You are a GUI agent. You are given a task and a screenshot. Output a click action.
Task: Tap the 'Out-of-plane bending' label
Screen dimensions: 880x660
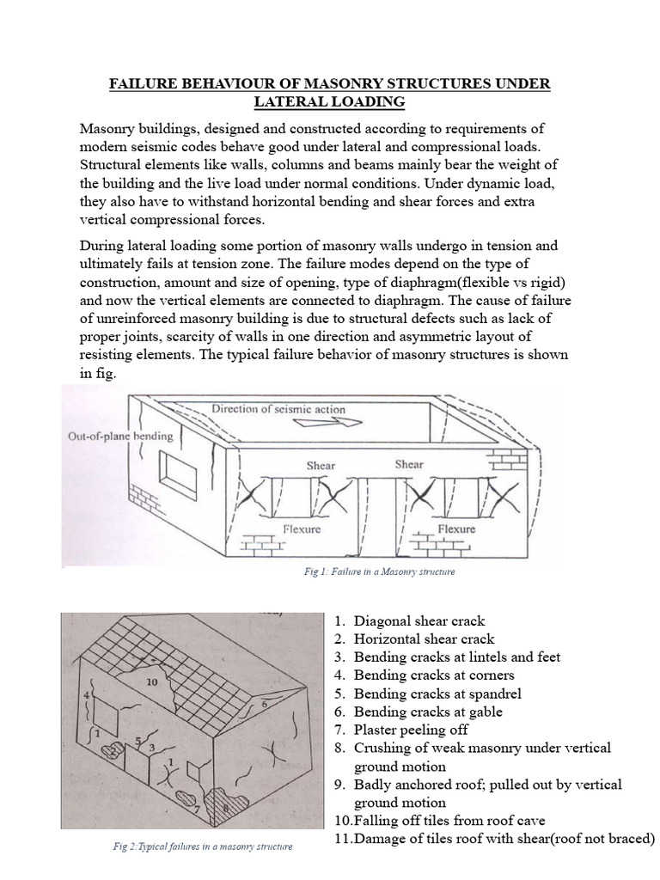click(x=119, y=436)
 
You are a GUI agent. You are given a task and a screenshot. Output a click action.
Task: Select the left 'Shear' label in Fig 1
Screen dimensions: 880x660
click(x=321, y=466)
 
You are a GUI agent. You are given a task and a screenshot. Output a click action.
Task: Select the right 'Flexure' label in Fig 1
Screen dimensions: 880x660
click(x=456, y=529)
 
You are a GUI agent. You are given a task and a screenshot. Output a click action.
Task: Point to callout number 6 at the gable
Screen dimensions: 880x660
click(x=263, y=703)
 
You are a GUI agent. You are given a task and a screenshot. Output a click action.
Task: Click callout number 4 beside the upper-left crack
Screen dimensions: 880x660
click(x=86, y=693)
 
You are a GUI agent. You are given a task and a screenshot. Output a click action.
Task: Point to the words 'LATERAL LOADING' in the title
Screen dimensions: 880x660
click(x=328, y=102)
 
